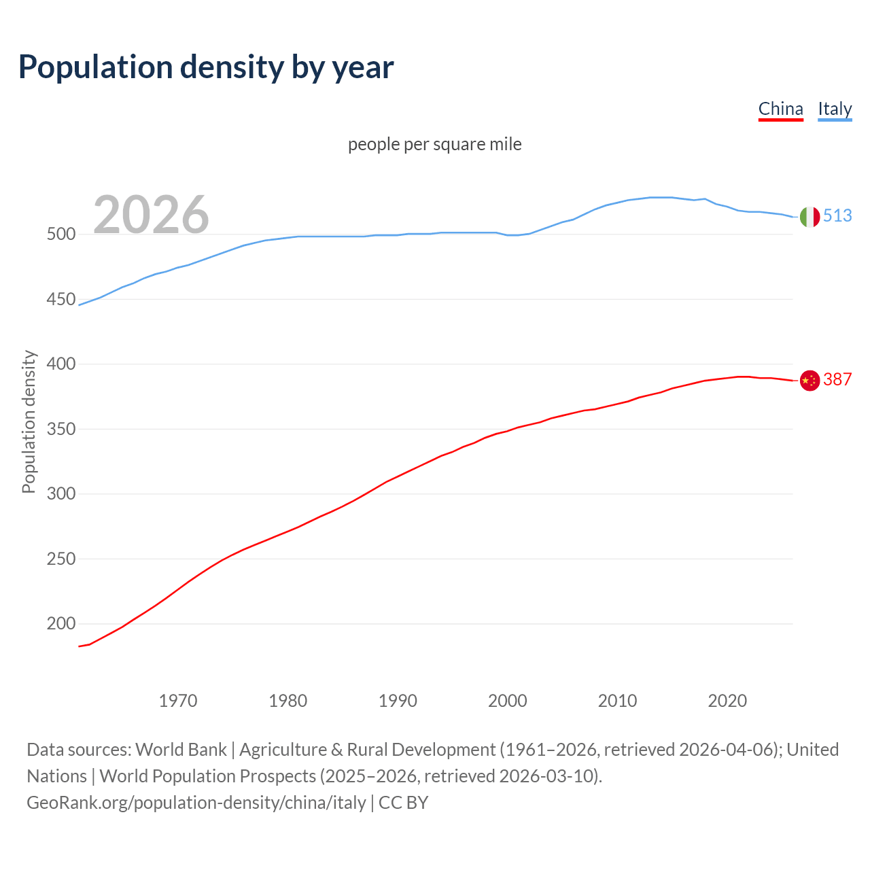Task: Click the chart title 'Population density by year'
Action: [x=206, y=67]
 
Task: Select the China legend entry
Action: [x=780, y=109]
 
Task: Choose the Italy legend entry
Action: [x=835, y=109]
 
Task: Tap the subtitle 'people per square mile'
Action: [x=434, y=144]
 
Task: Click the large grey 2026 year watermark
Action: [x=151, y=215]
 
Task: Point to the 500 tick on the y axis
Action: [x=60, y=234]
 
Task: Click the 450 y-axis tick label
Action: [x=60, y=300]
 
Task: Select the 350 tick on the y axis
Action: [x=60, y=430]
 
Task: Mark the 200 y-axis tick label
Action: [x=60, y=624]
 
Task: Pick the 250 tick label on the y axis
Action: [x=60, y=559]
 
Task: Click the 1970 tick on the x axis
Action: [x=178, y=701]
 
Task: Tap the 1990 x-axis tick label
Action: [x=398, y=701]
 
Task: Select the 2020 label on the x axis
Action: [x=727, y=701]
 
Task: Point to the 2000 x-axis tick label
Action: [x=508, y=701]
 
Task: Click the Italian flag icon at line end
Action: [x=809, y=217]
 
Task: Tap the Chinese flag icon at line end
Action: [x=809, y=381]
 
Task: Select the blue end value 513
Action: [x=837, y=216]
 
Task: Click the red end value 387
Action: [x=837, y=380]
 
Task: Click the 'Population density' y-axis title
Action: [x=29, y=421]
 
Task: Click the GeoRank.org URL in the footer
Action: [x=196, y=803]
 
